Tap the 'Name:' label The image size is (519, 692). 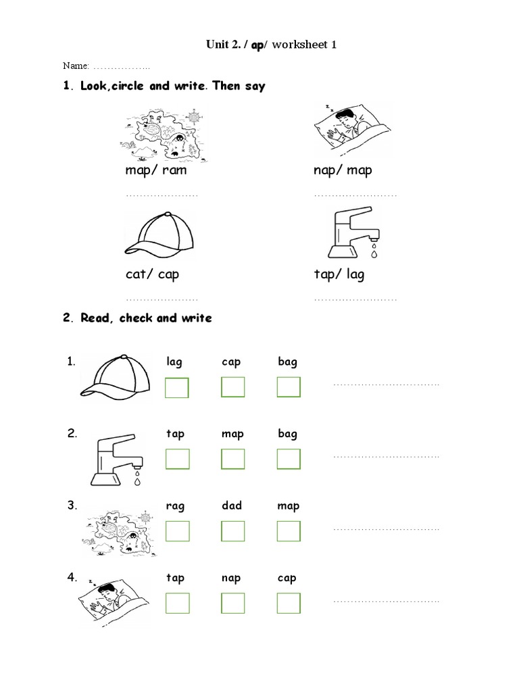pyautogui.click(x=76, y=66)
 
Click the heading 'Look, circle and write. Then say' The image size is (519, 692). pyautogui.click(x=172, y=86)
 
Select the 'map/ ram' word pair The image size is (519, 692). pyautogui.click(x=155, y=170)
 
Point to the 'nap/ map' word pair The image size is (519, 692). pyautogui.click(x=343, y=170)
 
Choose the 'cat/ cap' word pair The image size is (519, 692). pyautogui.click(x=152, y=275)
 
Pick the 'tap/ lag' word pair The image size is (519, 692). pyautogui.click(x=340, y=275)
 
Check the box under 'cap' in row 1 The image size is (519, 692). pyautogui.click(x=232, y=387)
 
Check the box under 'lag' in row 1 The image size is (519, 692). pyautogui.click(x=177, y=388)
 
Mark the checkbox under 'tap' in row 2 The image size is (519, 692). pyautogui.click(x=177, y=459)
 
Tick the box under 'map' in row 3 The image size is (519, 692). pyautogui.click(x=289, y=531)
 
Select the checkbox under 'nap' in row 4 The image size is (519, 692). pyautogui.click(x=232, y=603)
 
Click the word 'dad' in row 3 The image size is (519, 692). pyautogui.click(x=232, y=506)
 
